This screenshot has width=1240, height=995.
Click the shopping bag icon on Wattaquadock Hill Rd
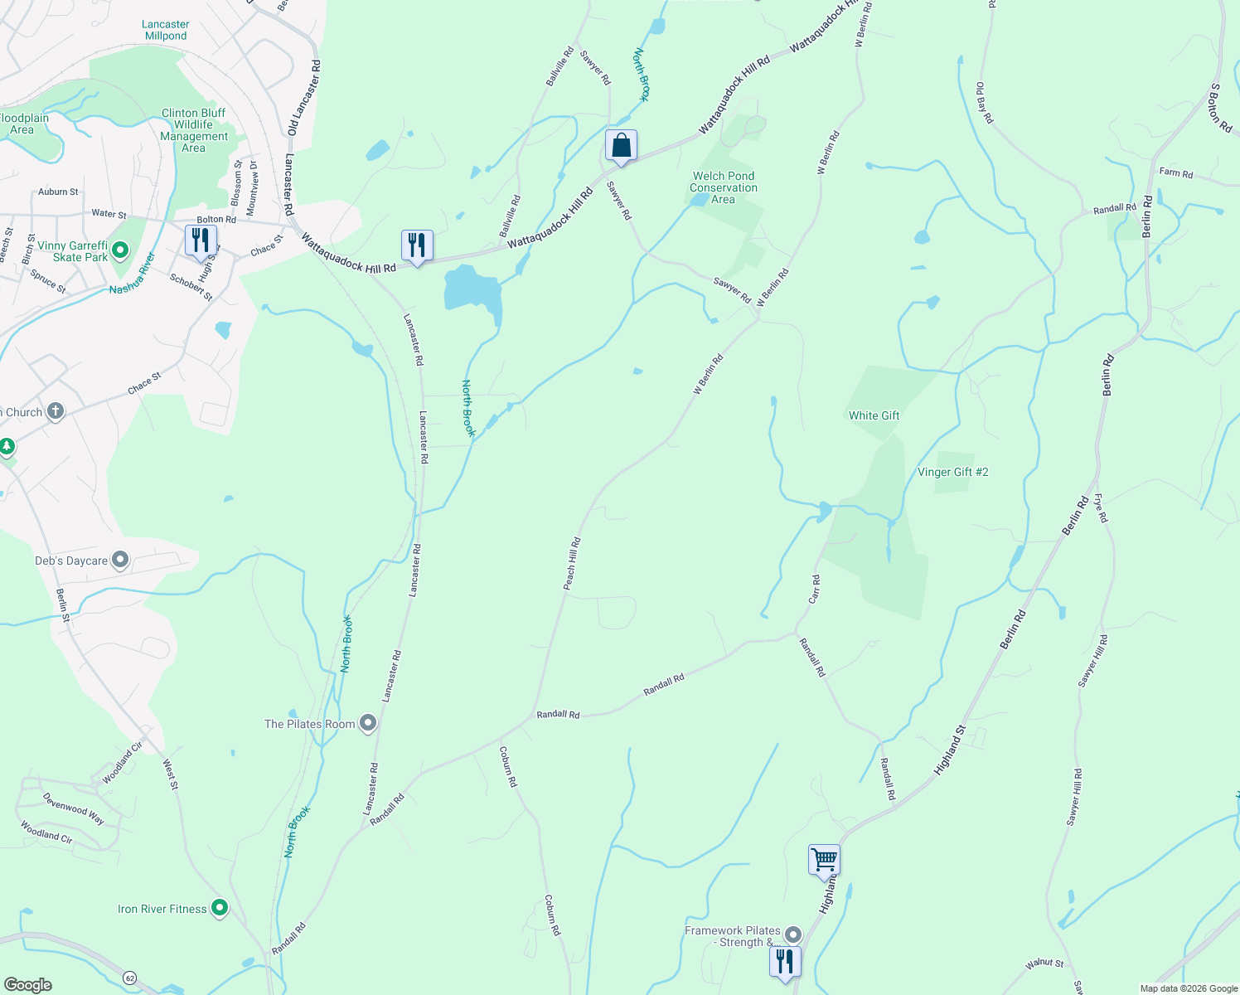click(x=621, y=146)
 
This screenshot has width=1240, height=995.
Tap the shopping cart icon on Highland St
click(x=824, y=860)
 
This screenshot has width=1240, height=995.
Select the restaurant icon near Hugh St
click(x=201, y=241)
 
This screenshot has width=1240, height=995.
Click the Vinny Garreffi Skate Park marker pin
click(x=120, y=250)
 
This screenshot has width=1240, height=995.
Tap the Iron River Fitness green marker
click(x=220, y=909)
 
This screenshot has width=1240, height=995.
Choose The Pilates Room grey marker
click(x=369, y=723)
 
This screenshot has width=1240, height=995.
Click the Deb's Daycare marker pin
click(x=120, y=561)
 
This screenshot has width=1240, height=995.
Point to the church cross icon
click(x=56, y=411)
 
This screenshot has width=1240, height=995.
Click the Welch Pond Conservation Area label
click(x=724, y=187)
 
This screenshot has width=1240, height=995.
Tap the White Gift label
click(x=874, y=415)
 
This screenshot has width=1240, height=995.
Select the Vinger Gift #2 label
click(x=952, y=472)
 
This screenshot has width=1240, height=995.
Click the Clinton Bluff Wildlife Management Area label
click(x=194, y=130)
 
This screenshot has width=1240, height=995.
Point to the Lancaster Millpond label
click(x=166, y=30)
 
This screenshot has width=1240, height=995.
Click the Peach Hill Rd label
click(x=572, y=564)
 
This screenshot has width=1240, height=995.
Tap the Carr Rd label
click(x=816, y=589)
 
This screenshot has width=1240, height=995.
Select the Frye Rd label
click(x=1100, y=507)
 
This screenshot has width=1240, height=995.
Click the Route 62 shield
click(x=130, y=978)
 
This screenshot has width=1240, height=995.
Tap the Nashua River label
click(x=133, y=274)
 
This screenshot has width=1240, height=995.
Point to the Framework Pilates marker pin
click(x=793, y=934)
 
